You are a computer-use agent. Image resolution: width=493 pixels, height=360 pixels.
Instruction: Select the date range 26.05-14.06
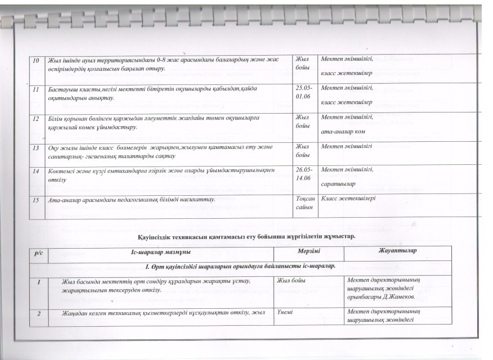304,173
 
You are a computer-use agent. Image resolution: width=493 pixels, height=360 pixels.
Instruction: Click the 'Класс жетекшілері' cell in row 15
348,199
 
